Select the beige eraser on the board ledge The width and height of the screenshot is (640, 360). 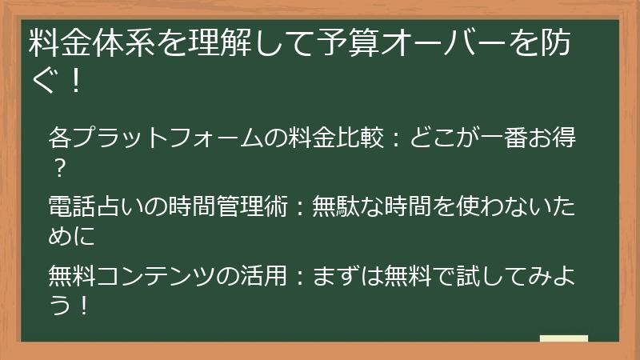[564, 339]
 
